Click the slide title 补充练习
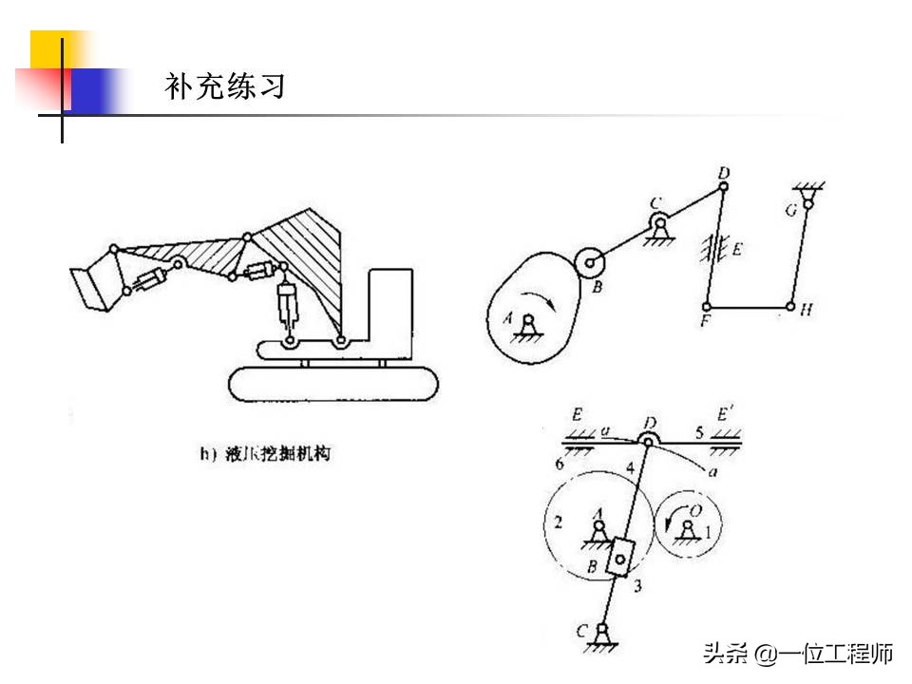pos(225,87)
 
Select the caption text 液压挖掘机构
pos(276,455)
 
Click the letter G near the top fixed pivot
pos(790,211)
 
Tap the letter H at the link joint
pos(807,310)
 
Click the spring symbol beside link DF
pos(709,250)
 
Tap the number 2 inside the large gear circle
pos(559,522)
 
